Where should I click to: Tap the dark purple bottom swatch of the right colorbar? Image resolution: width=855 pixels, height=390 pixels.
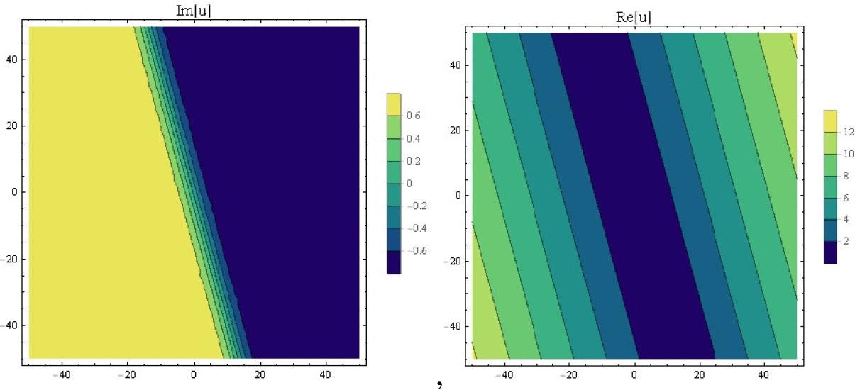(x=830, y=252)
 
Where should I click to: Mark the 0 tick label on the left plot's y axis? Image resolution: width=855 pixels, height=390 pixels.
(x=18, y=192)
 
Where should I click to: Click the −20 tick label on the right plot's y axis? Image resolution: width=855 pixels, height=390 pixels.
(x=453, y=261)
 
